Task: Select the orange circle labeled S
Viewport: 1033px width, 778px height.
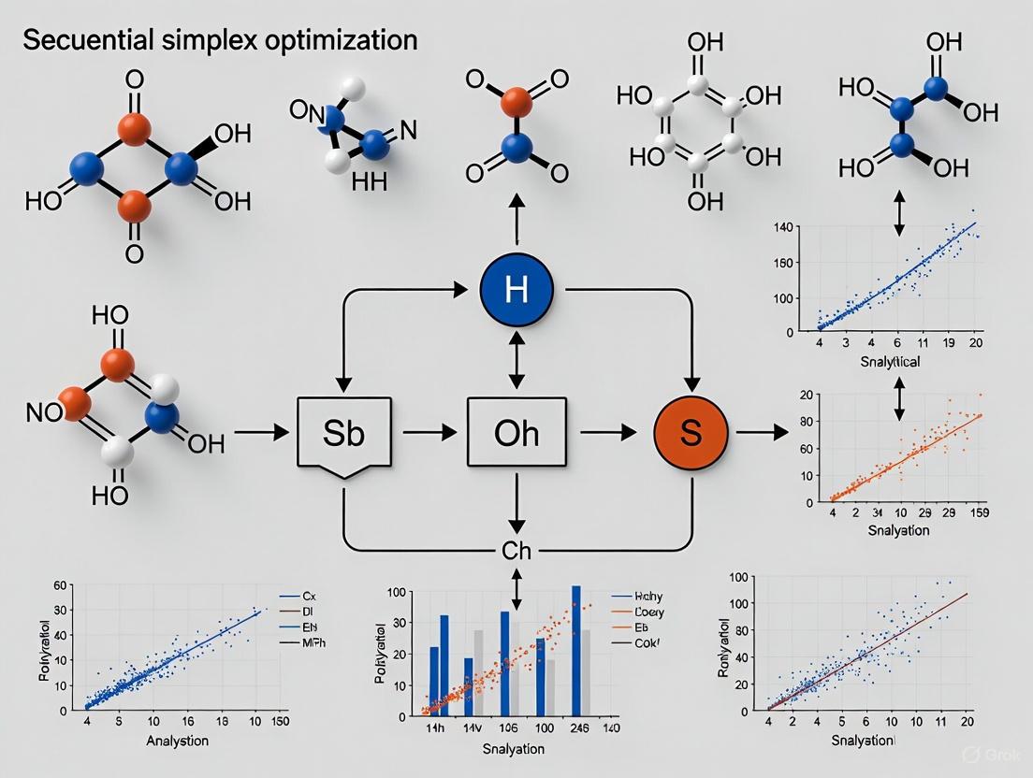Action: pos(691,432)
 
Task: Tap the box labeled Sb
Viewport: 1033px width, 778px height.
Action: pos(344,433)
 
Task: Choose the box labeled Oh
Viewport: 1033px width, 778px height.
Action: pos(516,433)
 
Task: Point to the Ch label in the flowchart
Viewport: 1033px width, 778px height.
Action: pos(516,550)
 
